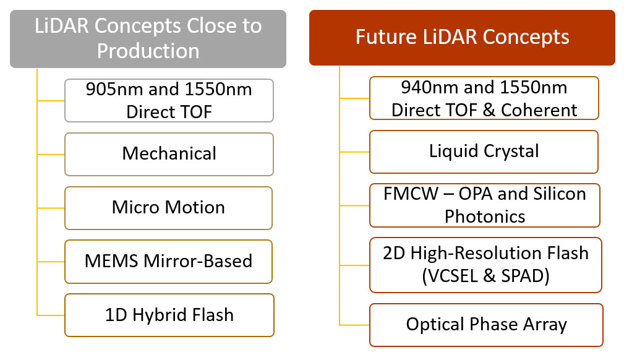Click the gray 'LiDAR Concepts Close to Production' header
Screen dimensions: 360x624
(148, 38)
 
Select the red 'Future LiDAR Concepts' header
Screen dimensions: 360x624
(462, 37)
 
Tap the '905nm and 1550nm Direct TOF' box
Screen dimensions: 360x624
(169, 100)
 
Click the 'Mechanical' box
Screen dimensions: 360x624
(169, 153)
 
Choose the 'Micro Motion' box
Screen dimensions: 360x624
(168, 207)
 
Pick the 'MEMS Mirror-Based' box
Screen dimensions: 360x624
(168, 261)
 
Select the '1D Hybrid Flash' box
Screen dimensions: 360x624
(169, 315)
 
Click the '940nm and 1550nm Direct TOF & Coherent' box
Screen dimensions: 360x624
(484, 98)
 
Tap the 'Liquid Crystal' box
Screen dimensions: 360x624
(484, 152)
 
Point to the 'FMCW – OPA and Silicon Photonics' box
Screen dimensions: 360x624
(484, 205)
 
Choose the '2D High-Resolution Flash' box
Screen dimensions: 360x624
(485, 264)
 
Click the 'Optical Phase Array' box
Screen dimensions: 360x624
(486, 325)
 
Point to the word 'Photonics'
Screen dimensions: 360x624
(485, 216)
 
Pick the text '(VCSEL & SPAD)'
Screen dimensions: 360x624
(485, 276)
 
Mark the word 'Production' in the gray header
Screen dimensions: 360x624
(148, 50)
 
